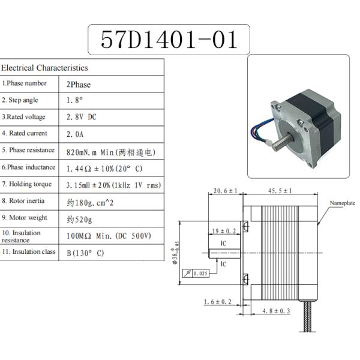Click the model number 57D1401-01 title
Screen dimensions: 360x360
point(168,40)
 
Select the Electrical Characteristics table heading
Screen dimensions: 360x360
point(44,68)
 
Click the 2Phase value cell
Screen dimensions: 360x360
point(79,85)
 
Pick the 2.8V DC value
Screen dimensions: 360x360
point(82,118)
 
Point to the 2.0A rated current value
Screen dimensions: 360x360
point(76,134)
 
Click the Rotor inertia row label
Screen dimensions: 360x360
point(25,201)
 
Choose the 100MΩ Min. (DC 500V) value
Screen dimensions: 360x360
point(109,235)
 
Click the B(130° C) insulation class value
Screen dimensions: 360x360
point(85,253)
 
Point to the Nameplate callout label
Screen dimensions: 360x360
point(343,203)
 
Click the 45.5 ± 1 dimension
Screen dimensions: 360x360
point(278,191)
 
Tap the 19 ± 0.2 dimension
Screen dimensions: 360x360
point(224,230)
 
